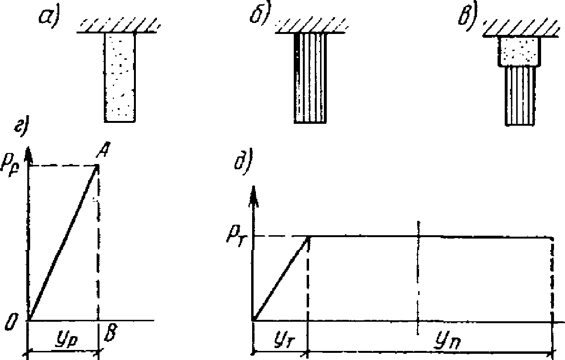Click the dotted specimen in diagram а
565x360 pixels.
[x=120, y=76]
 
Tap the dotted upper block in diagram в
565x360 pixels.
[x=520, y=51]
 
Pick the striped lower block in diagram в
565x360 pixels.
[x=520, y=96]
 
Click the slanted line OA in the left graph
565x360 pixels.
[x=63, y=243]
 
